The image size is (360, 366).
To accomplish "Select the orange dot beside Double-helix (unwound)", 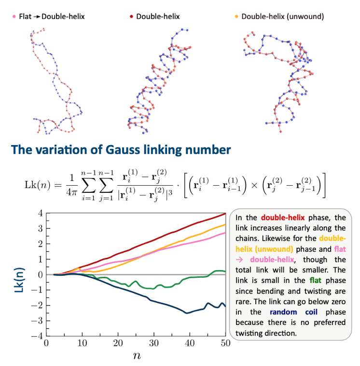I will tap(236, 16).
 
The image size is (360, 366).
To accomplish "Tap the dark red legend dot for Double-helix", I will tap(131, 16).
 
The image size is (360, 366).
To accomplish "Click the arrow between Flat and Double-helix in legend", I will tap(37, 16).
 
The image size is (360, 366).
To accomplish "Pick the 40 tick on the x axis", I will tap(190, 343).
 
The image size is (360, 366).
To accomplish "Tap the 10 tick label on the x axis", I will tap(82, 343).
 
